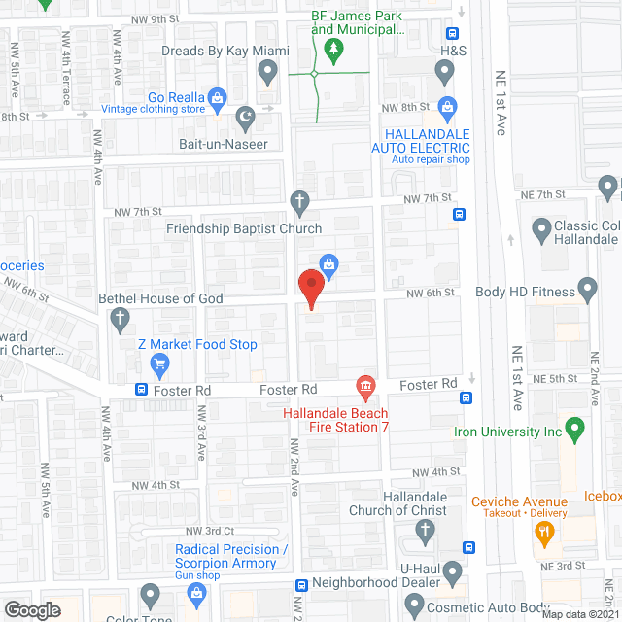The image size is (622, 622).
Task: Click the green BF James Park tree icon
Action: pos(334,52)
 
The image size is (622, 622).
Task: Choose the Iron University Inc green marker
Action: pos(573,426)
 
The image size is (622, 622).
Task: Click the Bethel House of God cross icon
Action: pos(120,318)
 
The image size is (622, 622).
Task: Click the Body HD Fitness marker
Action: pos(587,289)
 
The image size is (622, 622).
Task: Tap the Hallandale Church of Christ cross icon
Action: pos(424,531)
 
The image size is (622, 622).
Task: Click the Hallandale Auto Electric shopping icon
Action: pos(447,106)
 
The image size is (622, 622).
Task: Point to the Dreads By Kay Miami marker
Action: pos(269,70)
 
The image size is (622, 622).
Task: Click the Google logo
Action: pos(32,609)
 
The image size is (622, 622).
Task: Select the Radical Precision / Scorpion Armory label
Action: pos(231,556)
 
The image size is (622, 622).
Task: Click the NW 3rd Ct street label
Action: pos(215,531)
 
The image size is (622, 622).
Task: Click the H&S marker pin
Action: pos(445,70)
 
